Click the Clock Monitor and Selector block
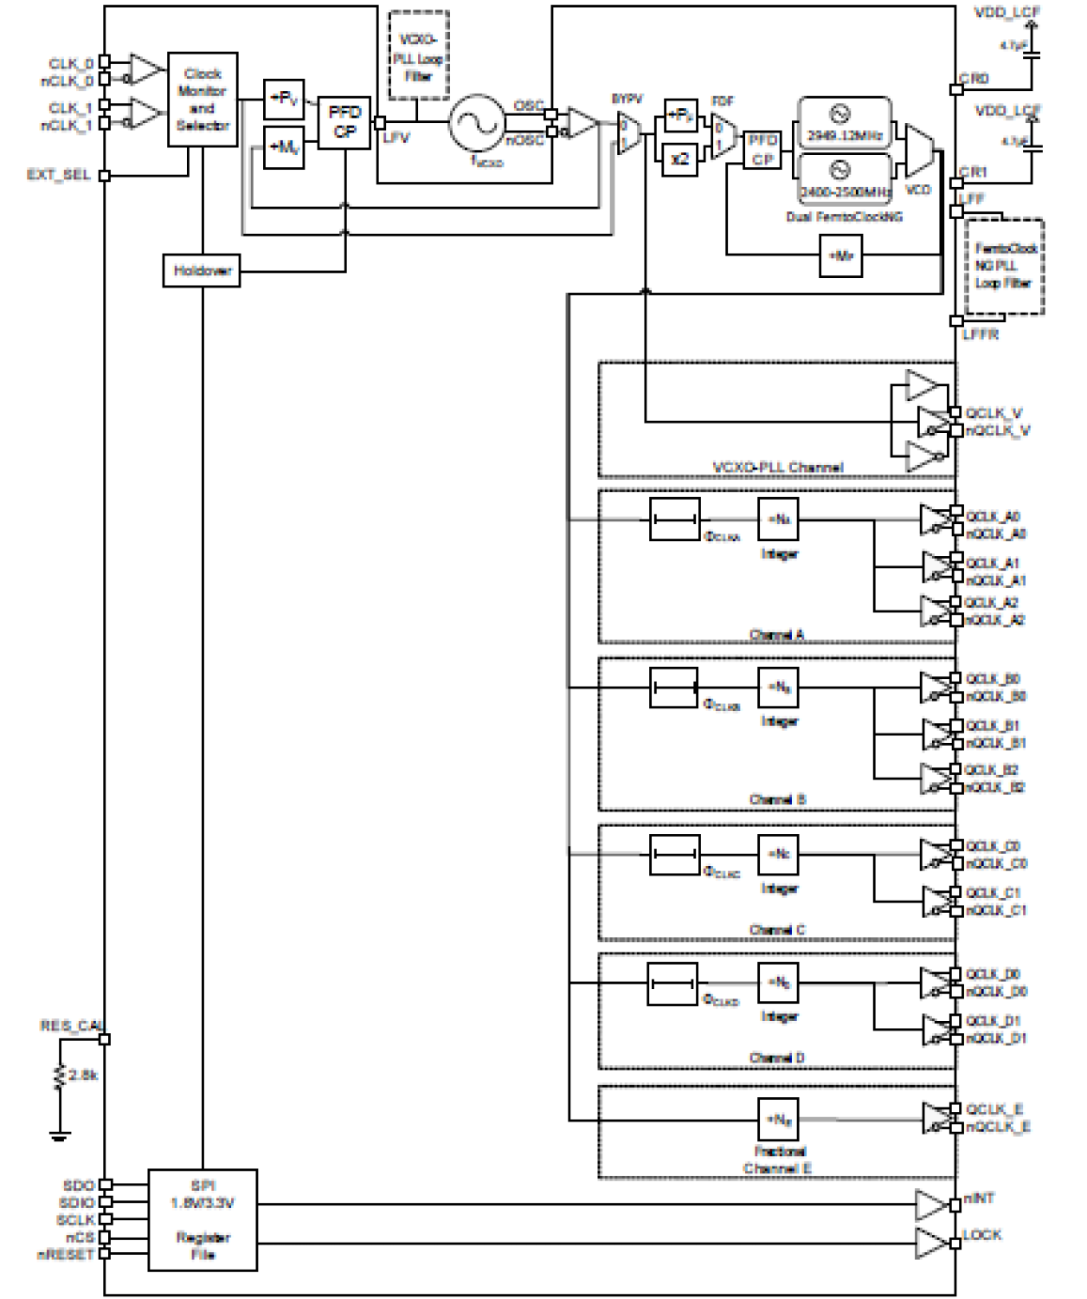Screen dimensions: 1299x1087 (x=203, y=100)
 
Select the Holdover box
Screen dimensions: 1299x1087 (x=202, y=271)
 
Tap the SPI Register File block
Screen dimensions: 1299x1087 (x=203, y=1220)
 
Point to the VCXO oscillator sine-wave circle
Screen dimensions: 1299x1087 (x=476, y=123)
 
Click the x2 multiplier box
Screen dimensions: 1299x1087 (x=680, y=159)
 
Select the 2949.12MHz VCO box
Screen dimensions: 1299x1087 (x=844, y=124)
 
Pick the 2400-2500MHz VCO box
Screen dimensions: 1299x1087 (x=844, y=179)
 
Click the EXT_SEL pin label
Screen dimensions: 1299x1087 (x=59, y=175)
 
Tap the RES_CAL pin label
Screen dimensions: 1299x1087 (x=70, y=1026)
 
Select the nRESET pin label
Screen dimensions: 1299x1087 (x=65, y=1255)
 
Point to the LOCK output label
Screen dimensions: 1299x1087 (x=982, y=1235)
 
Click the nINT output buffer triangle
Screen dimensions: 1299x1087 (x=931, y=1204)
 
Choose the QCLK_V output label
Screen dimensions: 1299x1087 (x=994, y=413)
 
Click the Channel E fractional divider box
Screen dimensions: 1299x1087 (x=778, y=1121)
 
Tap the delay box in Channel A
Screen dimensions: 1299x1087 (x=674, y=520)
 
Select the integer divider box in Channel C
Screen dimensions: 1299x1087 (x=778, y=855)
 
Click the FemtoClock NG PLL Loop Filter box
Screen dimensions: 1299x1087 (x=1005, y=267)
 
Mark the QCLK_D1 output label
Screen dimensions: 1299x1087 (x=993, y=1021)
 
